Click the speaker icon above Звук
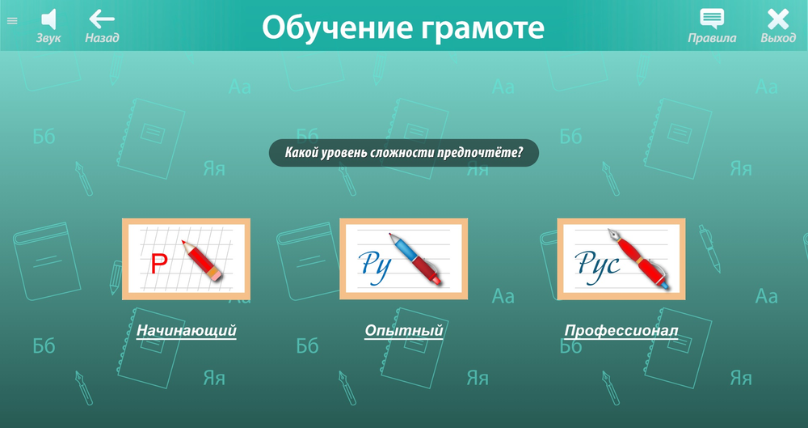[x=48, y=18]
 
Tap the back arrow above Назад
[x=102, y=18]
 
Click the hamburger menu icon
[x=12, y=21]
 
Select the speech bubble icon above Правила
[x=712, y=18]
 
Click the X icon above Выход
[x=778, y=18]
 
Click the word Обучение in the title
[x=334, y=28]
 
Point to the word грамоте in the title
[x=482, y=28]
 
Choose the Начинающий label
[x=186, y=330]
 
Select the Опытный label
[x=404, y=330]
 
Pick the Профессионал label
[x=621, y=330]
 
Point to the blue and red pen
[x=415, y=258]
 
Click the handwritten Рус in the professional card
[x=597, y=263]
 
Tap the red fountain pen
[x=638, y=258]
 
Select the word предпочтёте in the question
[x=478, y=152]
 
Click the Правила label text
[x=712, y=38]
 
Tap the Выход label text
[x=778, y=38]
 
